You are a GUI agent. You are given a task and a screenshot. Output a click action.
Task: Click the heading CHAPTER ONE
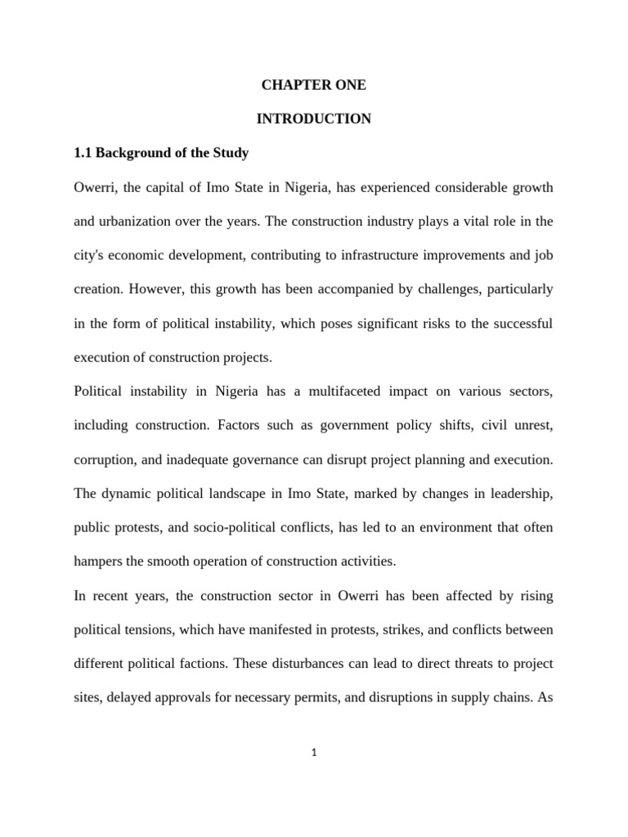(313, 85)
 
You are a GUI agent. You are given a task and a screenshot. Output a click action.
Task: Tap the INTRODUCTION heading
(313, 119)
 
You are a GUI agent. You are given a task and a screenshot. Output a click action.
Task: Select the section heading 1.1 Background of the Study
(161, 154)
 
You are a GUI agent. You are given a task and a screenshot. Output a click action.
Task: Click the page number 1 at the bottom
(314, 753)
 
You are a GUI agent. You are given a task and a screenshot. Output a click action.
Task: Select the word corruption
(104, 459)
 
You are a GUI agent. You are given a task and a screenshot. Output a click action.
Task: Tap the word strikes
(419, 629)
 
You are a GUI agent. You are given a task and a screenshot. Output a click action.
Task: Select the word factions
(200, 664)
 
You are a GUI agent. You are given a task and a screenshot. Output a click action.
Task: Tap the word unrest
(534, 425)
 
